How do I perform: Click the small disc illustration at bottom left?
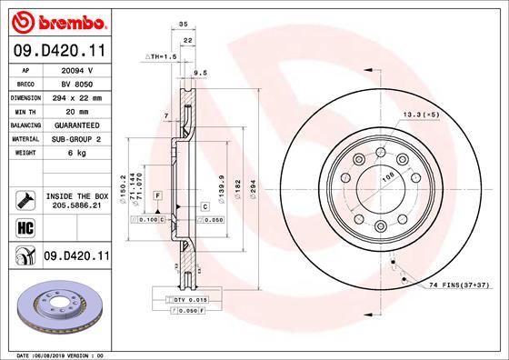click(x=60, y=309)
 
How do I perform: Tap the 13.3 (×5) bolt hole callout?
click(x=419, y=115)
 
